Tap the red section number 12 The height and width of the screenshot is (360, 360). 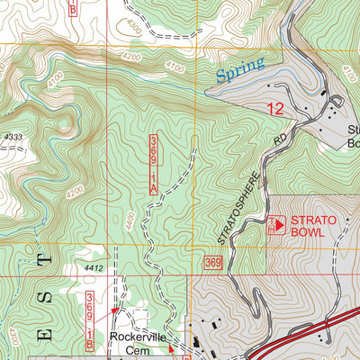click(x=278, y=109)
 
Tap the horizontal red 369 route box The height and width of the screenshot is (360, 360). click(x=212, y=262)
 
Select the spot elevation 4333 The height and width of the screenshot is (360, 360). click(x=13, y=136)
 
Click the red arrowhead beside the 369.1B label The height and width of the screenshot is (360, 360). click(x=113, y=309)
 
